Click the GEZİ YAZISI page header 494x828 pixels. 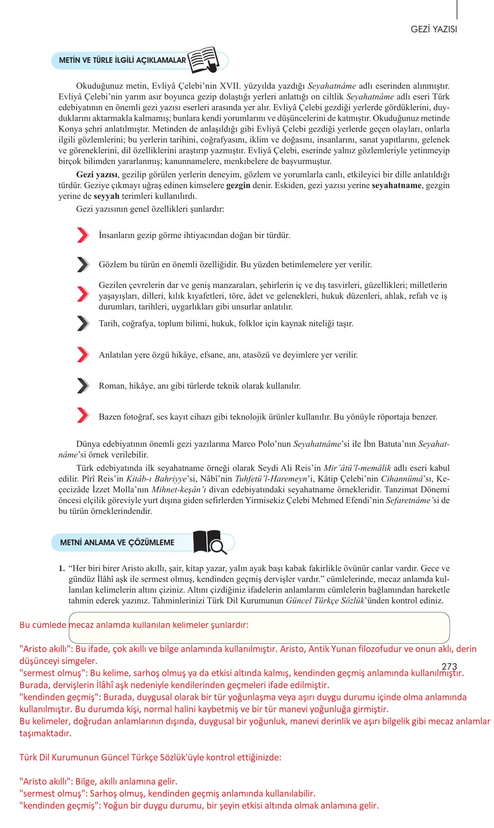coord(433,29)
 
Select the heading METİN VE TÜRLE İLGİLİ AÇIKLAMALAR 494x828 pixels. coord(123,60)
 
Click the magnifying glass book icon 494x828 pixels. coord(210,542)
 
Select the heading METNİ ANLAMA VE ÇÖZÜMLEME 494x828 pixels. coord(117,543)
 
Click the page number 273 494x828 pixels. coord(449,667)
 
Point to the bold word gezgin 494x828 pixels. coord(238,185)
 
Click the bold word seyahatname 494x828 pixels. coord(396,185)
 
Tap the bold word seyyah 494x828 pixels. coord(106,196)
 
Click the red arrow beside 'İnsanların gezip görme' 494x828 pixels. coord(83,235)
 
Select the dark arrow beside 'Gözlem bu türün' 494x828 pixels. coord(83,265)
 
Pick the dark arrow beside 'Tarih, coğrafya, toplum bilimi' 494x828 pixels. coord(83,323)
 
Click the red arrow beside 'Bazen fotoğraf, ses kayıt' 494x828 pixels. coord(83,415)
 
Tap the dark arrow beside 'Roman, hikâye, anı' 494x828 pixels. coord(83,386)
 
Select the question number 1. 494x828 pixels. coord(62,568)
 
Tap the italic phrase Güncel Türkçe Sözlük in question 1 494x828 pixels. coord(325,601)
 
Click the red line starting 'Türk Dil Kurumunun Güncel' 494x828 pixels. coord(150,757)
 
